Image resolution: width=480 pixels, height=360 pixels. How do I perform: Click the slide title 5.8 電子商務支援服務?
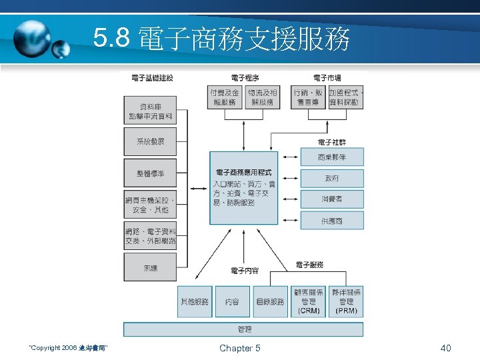(222, 41)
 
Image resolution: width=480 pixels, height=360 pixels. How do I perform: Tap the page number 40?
(446, 348)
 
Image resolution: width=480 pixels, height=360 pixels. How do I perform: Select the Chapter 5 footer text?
(240, 348)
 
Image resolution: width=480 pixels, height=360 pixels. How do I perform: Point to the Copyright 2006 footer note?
(69, 348)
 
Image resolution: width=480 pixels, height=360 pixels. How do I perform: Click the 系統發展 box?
(150, 141)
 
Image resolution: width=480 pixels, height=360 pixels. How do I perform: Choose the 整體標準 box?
(150, 173)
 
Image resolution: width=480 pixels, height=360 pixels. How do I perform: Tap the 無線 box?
(150, 268)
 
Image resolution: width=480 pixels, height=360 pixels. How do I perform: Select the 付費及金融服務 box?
(225, 97)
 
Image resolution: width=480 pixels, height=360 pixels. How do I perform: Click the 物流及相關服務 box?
(263, 97)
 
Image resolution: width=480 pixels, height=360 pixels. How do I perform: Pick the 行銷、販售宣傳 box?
(309, 97)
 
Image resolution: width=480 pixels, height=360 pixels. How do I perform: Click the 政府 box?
(331, 178)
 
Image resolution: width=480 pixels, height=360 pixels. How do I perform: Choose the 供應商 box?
(331, 220)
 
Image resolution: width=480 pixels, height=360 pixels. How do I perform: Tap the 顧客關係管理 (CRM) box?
(309, 301)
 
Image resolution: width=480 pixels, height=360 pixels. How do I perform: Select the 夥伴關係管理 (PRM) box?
(347, 301)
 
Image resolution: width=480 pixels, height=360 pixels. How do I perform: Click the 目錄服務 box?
(271, 301)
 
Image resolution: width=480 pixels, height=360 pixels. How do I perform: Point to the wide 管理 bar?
(244, 329)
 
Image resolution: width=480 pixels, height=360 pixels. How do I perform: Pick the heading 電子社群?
(331, 142)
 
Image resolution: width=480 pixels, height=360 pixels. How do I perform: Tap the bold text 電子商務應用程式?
(244, 172)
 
